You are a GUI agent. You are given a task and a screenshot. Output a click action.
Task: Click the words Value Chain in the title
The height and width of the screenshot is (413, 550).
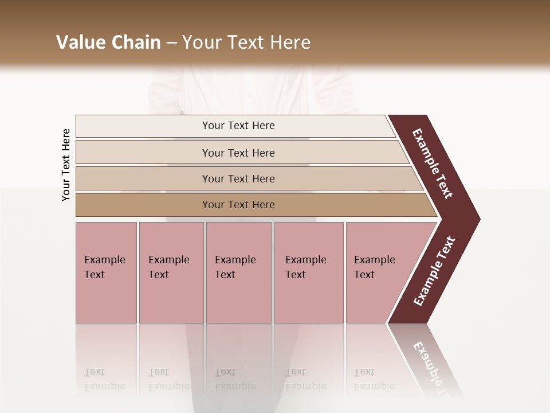coord(108,42)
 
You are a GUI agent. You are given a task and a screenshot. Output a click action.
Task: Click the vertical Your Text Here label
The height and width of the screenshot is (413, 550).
coord(66,165)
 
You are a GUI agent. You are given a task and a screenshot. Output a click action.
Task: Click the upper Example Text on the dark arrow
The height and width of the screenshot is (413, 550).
coord(433,163)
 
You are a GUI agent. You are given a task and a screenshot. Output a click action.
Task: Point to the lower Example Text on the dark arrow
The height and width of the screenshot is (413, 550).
coord(434,271)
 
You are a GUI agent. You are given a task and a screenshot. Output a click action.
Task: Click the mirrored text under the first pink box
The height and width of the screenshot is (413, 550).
coord(104,379)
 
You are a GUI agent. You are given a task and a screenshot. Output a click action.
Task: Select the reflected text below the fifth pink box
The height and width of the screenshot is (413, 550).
coord(374,379)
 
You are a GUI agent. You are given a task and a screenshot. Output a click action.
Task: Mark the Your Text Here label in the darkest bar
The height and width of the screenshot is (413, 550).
coord(238,205)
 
